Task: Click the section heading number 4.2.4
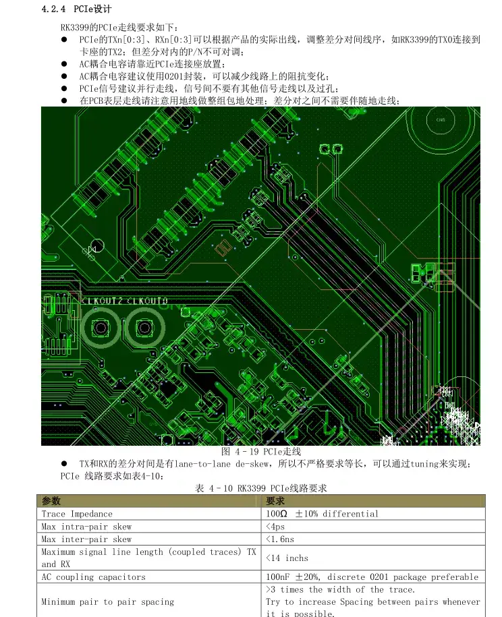(54, 9)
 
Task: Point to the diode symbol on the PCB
(92, 250)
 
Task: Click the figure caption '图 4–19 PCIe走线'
(261, 452)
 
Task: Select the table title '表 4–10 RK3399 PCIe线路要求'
(261, 488)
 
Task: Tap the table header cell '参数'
(51, 501)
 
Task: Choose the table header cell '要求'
(275, 501)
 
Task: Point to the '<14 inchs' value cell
(287, 558)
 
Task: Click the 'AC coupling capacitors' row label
(93, 577)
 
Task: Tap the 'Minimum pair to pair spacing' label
(107, 601)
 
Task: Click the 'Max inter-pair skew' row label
(86, 539)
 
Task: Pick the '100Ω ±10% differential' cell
(323, 514)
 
